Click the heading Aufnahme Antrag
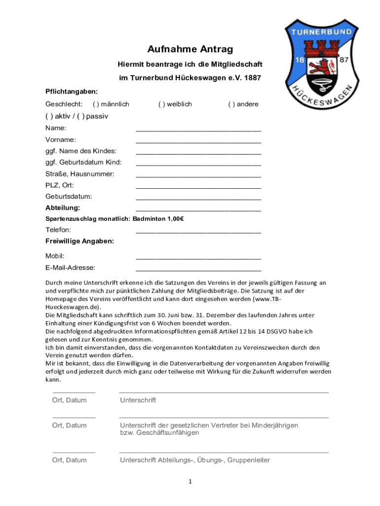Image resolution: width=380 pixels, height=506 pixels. (x=190, y=49)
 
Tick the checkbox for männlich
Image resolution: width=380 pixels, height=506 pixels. (x=95, y=104)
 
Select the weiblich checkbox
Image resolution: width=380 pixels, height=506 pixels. (x=161, y=104)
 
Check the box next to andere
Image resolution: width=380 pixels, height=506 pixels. (x=231, y=104)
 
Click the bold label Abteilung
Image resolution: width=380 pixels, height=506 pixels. (x=63, y=208)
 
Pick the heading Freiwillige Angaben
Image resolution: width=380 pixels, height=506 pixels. (x=80, y=241)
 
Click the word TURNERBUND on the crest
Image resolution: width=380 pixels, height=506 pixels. (x=321, y=32)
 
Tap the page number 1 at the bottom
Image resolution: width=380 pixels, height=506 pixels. (x=190, y=482)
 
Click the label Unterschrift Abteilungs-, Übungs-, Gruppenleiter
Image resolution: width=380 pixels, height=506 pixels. (x=195, y=460)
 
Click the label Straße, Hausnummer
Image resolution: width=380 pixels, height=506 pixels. (x=80, y=174)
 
